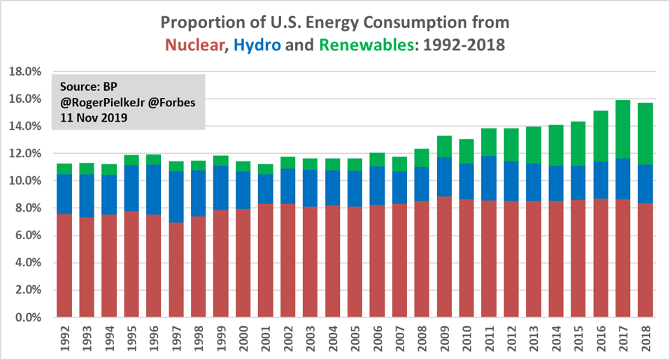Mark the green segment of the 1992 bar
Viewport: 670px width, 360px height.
(65, 169)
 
